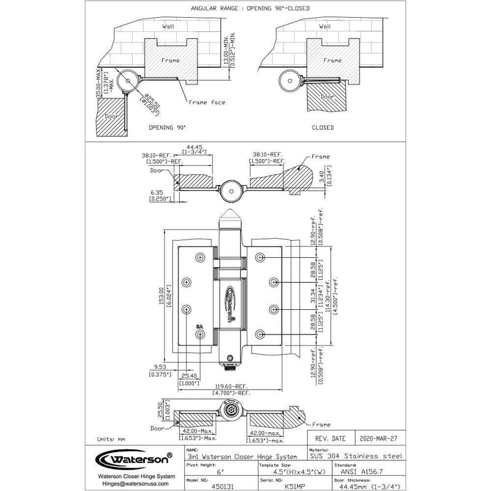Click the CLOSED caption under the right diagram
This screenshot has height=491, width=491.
click(322, 128)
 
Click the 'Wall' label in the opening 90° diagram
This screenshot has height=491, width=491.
click(168, 27)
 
